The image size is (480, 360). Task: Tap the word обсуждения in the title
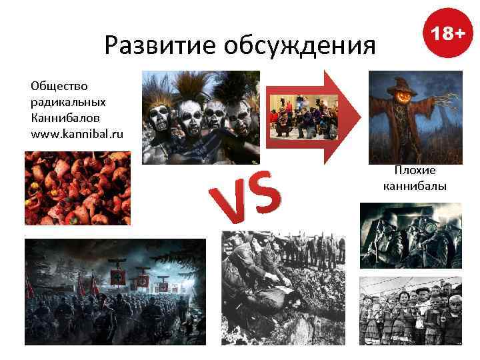pos(299,45)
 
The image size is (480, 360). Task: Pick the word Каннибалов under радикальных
pos(63,119)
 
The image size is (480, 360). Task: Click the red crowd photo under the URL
pos(78,188)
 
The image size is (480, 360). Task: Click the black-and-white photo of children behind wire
pos(411,310)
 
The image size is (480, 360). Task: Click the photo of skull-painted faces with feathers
pos(200,117)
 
